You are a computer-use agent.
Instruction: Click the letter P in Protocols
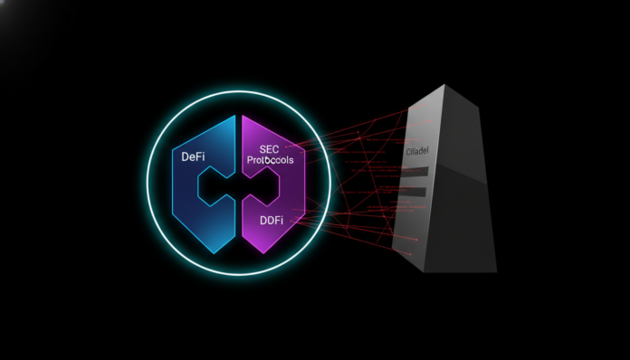tap(251, 160)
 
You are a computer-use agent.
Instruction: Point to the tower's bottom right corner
tap(497, 270)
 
